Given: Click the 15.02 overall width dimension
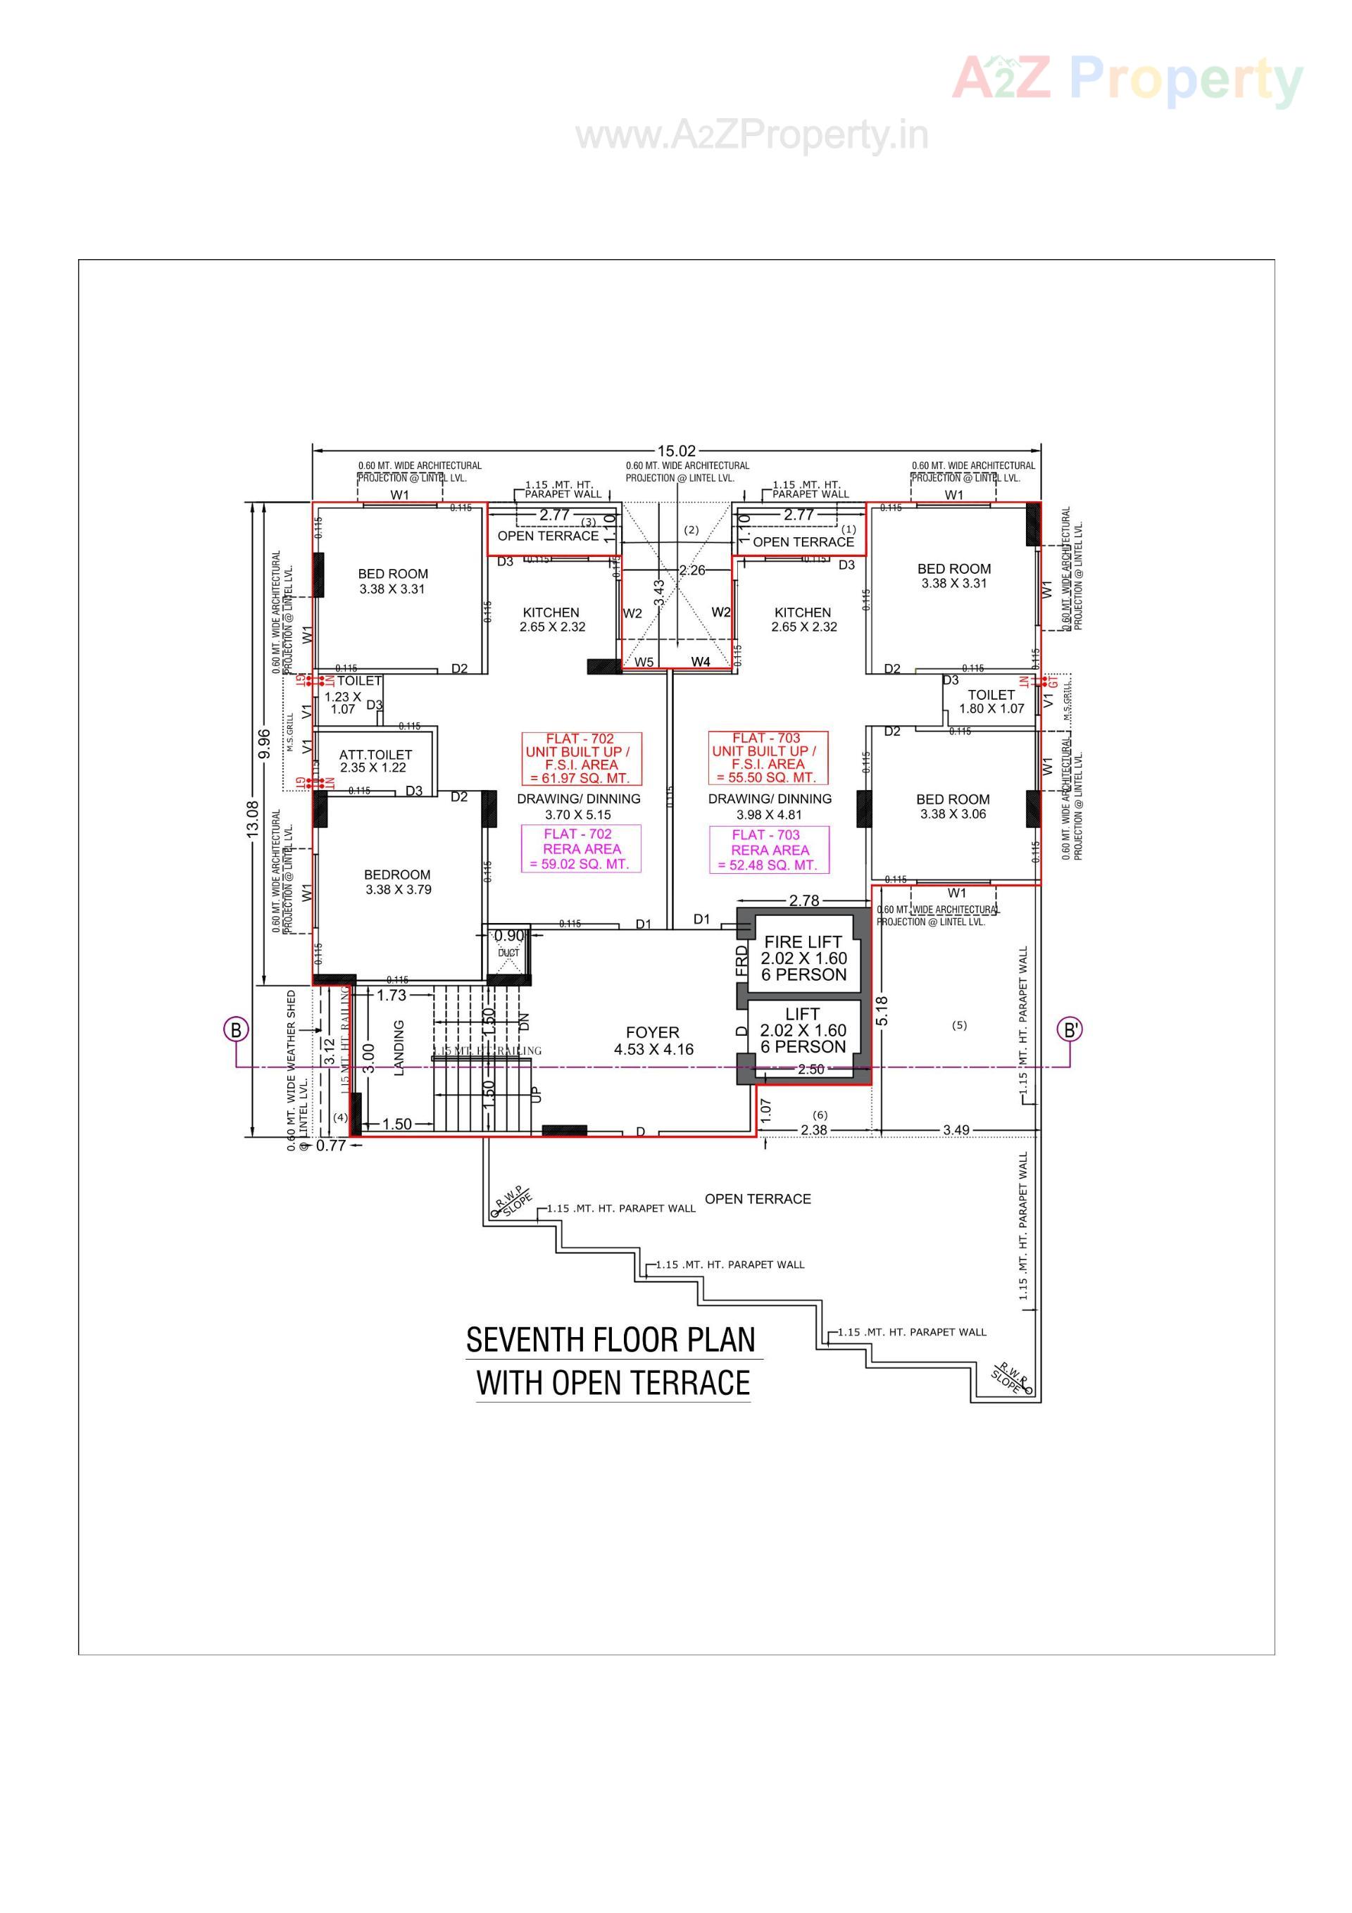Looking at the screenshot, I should pyautogui.click(x=676, y=451).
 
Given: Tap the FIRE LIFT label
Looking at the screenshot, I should pyautogui.click(x=803, y=942).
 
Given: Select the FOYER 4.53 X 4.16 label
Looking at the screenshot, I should pyautogui.click(x=653, y=1041).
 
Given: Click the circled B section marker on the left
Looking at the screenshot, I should pyautogui.click(x=236, y=1030).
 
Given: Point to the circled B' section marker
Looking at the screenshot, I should pyautogui.click(x=1071, y=1030).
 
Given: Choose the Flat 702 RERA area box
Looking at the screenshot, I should pyautogui.click(x=581, y=848).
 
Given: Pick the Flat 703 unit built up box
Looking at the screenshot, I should pyautogui.click(x=768, y=758).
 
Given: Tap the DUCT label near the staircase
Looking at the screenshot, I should pyautogui.click(x=508, y=953).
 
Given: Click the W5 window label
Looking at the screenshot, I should pyautogui.click(x=644, y=663).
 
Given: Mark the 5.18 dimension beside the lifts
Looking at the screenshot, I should pyautogui.click(x=883, y=1010).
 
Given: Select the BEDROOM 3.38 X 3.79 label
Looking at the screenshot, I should pyautogui.click(x=398, y=882).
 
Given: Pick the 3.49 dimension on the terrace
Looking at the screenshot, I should pyautogui.click(x=956, y=1130).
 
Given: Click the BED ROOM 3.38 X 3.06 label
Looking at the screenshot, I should pyautogui.click(x=953, y=805).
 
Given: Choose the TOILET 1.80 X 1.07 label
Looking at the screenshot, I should pyautogui.click(x=991, y=701).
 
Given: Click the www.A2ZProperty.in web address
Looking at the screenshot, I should pyautogui.click(x=752, y=136).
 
